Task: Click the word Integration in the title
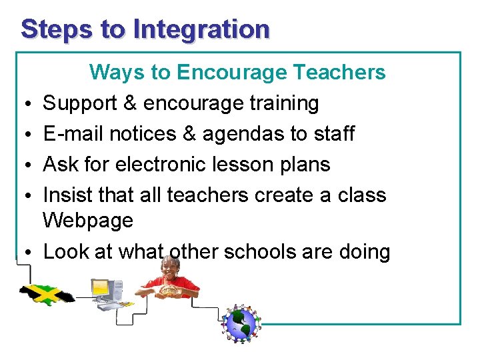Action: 201,30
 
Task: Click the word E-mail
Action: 73,134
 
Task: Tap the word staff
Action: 331,134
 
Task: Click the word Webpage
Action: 88,221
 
